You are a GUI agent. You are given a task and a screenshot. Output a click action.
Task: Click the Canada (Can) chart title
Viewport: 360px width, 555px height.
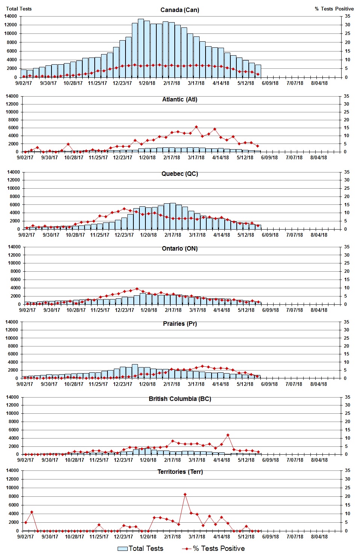tap(180, 10)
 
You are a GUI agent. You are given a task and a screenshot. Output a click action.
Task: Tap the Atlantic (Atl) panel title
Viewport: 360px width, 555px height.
tap(180, 99)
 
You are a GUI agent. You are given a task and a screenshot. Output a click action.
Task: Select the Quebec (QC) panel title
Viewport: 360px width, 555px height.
tap(180, 174)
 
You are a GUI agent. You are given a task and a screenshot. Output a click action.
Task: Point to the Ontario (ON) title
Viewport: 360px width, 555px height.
tap(180, 248)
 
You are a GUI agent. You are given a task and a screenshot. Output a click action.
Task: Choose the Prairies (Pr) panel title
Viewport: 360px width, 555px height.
tap(180, 324)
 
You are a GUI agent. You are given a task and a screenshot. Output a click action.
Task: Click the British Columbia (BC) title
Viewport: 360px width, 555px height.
tap(180, 399)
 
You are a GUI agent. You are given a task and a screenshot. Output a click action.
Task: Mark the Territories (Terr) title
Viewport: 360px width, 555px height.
tap(180, 472)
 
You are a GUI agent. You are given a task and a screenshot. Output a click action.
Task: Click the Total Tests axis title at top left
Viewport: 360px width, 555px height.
tap(19, 9)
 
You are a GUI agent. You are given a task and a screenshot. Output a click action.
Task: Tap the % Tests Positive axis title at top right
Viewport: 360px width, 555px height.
tap(334, 9)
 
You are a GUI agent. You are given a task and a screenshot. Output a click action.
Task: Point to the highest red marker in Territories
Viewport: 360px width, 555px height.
tap(185, 495)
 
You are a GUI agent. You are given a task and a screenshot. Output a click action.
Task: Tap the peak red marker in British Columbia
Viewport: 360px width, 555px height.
tap(228, 435)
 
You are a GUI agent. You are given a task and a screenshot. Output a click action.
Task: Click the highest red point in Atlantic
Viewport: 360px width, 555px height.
tap(196, 127)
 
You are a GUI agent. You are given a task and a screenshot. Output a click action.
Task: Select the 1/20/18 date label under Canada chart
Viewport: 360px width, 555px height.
tap(147, 83)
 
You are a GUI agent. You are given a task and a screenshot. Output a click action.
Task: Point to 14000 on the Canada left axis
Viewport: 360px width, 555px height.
tap(11, 16)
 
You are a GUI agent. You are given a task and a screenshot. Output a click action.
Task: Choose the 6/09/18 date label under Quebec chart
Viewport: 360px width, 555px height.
tap(270, 235)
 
